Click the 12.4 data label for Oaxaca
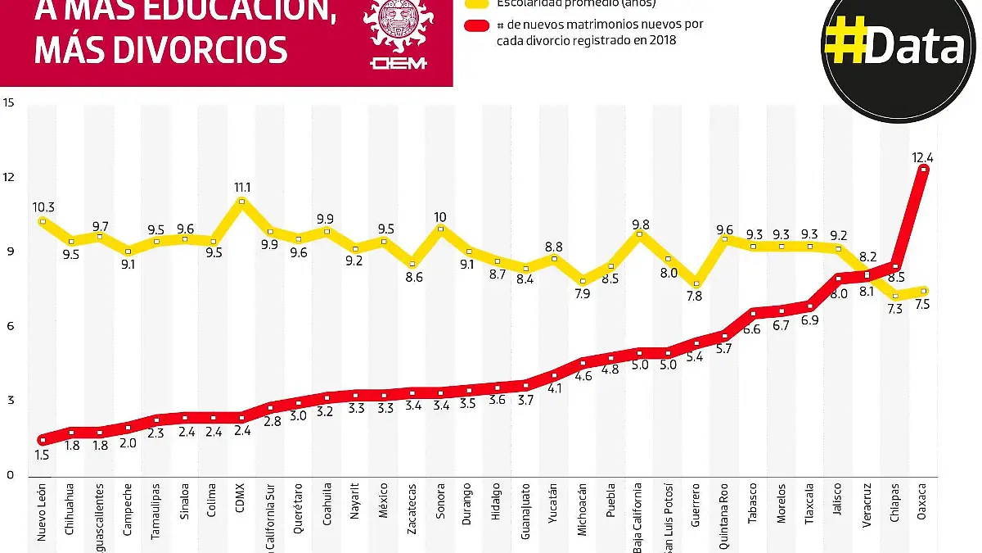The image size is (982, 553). pyautogui.click(x=923, y=156)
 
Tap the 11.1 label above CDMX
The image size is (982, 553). pyautogui.click(x=241, y=188)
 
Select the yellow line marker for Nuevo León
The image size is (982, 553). pyautogui.click(x=42, y=221)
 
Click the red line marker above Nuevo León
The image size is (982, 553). pyautogui.click(x=42, y=440)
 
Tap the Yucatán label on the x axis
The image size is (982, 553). pyautogui.click(x=555, y=514)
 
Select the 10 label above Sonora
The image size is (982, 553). pyautogui.click(x=440, y=217)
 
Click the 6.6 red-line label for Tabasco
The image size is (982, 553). pyautogui.click(x=751, y=329)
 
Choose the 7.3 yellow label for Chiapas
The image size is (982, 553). pyautogui.click(x=894, y=310)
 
